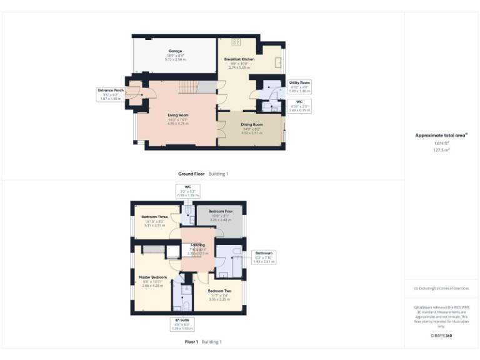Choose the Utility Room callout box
pyautogui.click(x=299, y=86)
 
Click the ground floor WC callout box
pyautogui.click(x=299, y=106)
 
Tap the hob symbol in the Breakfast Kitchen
pyautogui.click(x=236, y=42)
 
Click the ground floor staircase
pyautogui.click(x=189, y=87)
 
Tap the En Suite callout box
pyautogui.click(x=182, y=324)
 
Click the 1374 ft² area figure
pyautogui.click(x=441, y=143)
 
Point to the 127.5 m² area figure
pyautogui.click(x=441, y=149)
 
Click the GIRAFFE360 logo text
pyautogui.click(x=441, y=336)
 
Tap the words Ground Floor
pyautogui.click(x=191, y=174)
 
